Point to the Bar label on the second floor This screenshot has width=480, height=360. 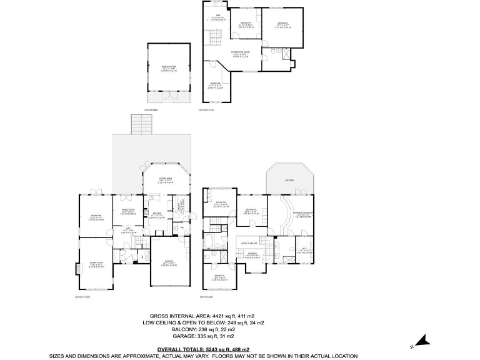click(x=218, y=16)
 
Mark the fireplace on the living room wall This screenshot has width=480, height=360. click(x=78, y=269)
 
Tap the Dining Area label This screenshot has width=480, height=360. click(x=165, y=181)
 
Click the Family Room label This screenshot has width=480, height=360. click(x=128, y=211)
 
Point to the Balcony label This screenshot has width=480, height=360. click(x=289, y=181)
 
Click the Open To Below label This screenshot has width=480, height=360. click(x=250, y=243)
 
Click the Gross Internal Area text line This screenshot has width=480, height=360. click(x=206, y=316)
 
